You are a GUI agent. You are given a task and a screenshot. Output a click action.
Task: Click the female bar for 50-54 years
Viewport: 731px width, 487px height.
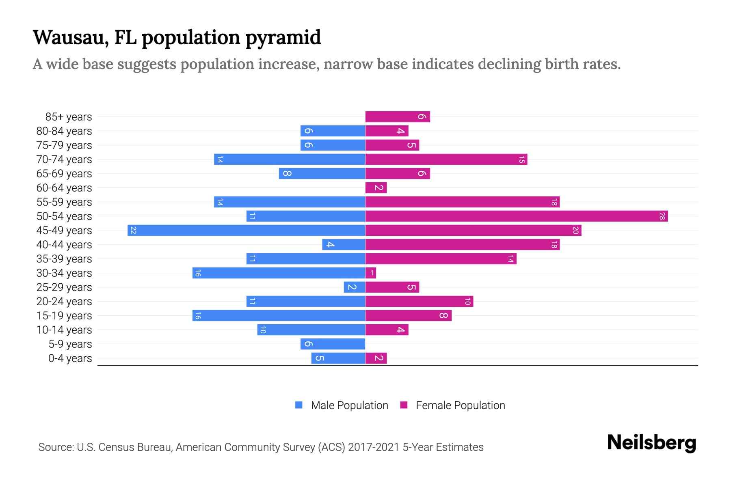(x=516, y=216)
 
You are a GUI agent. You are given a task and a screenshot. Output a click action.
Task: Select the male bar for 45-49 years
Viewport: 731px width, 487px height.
(x=246, y=230)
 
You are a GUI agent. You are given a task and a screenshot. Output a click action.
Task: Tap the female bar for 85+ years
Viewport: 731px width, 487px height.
(x=397, y=117)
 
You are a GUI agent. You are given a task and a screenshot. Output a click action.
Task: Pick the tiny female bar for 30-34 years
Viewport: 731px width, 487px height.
(x=370, y=273)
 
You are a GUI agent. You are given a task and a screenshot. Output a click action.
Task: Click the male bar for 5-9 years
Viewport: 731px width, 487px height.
(x=333, y=344)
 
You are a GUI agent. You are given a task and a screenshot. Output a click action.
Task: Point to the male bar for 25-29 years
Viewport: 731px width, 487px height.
(x=354, y=287)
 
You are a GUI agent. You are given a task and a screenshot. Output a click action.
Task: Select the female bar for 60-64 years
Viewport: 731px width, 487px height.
(x=376, y=187)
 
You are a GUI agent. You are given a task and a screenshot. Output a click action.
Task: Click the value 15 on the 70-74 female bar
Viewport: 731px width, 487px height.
(x=521, y=159)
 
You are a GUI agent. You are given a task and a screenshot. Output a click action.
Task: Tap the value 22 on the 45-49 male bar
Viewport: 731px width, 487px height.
(x=133, y=230)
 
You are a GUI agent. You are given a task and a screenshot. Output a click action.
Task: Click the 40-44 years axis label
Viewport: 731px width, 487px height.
(x=64, y=245)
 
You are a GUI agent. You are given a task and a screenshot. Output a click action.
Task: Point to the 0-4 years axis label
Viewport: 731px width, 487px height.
(x=70, y=358)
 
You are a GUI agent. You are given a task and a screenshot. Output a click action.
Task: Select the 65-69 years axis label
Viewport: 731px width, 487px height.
(x=64, y=174)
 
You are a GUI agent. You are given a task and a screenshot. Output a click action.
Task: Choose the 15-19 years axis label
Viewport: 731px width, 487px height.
(x=64, y=316)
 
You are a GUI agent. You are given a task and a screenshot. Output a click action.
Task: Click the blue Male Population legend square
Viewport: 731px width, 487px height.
(x=299, y=405)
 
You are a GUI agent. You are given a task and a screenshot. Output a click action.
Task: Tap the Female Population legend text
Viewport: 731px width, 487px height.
(x=460, y=405)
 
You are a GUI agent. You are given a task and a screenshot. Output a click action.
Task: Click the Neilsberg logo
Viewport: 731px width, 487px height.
(x=651, y=443)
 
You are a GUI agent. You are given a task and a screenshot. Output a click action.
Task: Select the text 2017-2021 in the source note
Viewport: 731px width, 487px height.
(x=374, y=447)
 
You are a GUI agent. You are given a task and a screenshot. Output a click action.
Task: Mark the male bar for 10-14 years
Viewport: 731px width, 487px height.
(x=311, y=330)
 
